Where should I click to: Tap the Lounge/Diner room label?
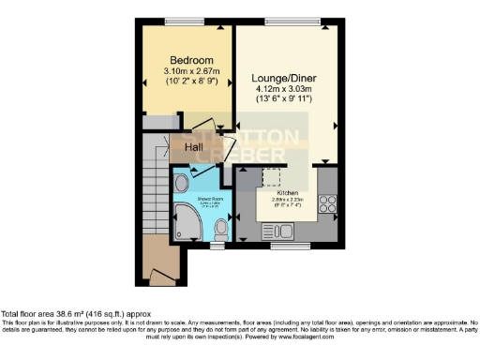click(x=283, y=78)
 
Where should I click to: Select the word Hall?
click(x=194, y=147)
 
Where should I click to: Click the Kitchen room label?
click(x=286, y=191)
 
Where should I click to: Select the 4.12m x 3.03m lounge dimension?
click(x=283, y=90)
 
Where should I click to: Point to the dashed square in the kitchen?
click(x=271, y=178)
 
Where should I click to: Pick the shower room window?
click(x=217, y=247)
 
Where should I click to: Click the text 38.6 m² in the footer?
click(x=76, y=313)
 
